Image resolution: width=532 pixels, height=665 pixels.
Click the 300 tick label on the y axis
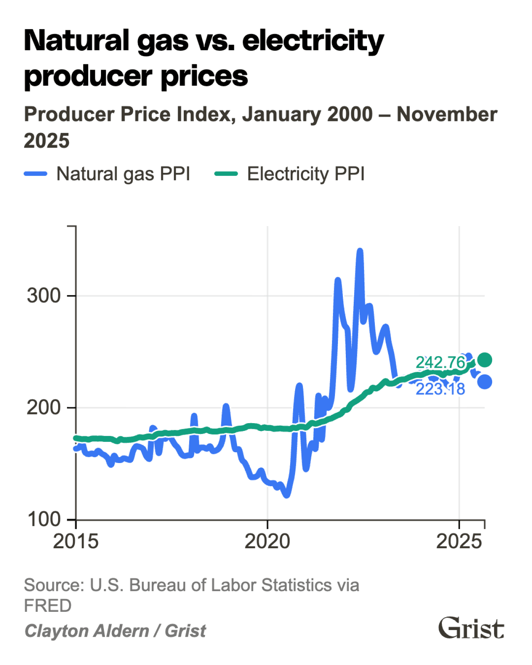click(44, 296)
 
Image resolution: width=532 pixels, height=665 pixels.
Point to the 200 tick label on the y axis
click(44, 408)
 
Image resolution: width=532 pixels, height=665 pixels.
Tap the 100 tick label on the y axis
click(44, 520)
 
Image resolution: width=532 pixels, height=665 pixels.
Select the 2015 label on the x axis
click(76, 542)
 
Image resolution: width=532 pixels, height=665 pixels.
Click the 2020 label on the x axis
click(267, 542)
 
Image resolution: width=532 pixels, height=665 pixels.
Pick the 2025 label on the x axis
click(459, 542)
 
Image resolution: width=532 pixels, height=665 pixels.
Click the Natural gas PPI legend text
click(123, 174)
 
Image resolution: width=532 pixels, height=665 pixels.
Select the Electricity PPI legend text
click(306, 174)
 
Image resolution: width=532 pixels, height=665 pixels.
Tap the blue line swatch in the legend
click(36, 174)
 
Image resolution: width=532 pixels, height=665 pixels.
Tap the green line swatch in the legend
click(226, 174)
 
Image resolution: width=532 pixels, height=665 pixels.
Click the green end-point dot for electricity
click(485, 360)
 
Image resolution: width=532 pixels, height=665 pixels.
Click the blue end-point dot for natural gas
click(485, 382)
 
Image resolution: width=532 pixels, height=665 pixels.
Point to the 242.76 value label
click(440, 362)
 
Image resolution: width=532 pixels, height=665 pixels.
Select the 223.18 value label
click(440, 389)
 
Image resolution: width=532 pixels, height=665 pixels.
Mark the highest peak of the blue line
click(360, 251)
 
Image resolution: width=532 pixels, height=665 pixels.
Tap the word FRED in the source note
click(48, 606)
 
